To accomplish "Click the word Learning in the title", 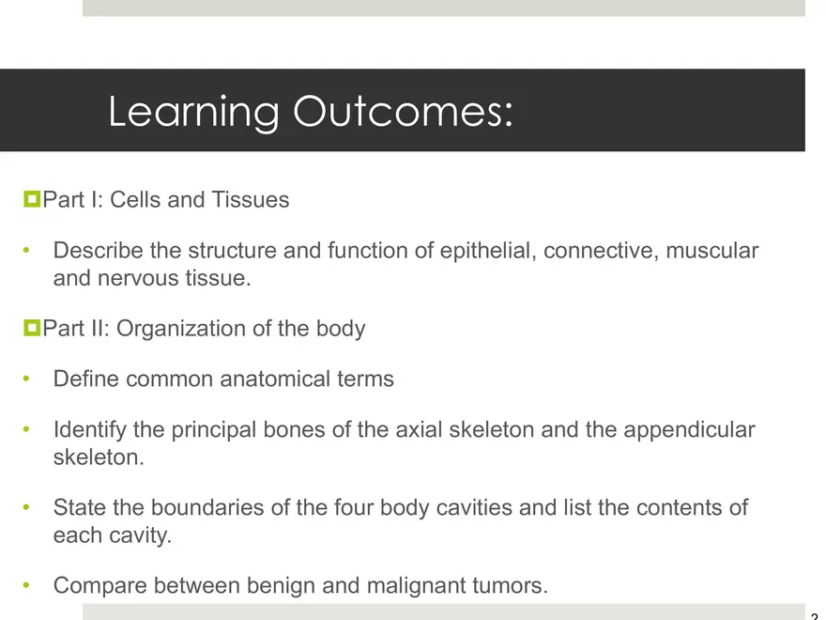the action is tap(194, 112).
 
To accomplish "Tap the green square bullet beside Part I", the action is tap(32, 199).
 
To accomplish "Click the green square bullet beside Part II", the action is tap(32, 328).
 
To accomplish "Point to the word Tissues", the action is tap(251, 200).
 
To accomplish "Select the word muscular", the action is tap(712, 251).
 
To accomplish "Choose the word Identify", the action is tap(90, 430).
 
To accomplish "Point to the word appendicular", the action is tap(689, 430).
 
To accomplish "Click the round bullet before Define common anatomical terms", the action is tap(26, 379).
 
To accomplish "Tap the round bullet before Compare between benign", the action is tap(26, 585).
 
